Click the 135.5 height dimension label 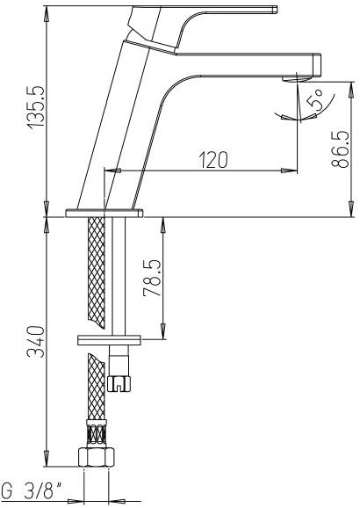pyautogui.click(x=36, y=107)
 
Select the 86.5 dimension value pyautogui.click(x=340, y=149)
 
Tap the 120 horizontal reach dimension pyautogui.click(x=213, y=159)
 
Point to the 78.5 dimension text pyautogui.click(x=152, y=278)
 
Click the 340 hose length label pyautogui.click(x=36, y=342)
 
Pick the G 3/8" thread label pyautogui.click(x=32, y=490)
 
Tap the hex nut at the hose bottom pyautogui.click(x=97, y=457)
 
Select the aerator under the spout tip pyautogui.click(x=296, y=79)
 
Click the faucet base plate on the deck pyautogui.click(x=104, y=214)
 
